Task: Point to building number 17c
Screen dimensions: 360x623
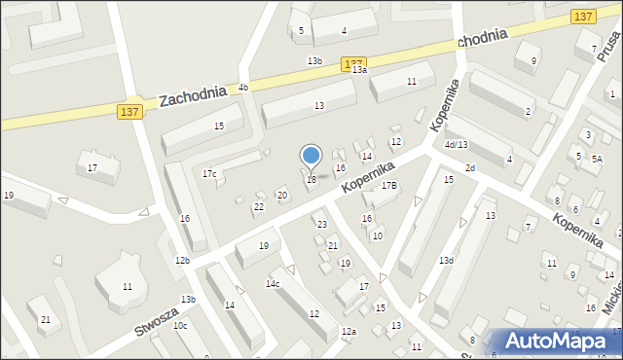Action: [x=209, y=173]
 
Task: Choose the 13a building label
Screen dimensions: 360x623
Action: [x=360, y=70]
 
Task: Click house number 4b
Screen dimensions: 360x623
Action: [x=243, y=88]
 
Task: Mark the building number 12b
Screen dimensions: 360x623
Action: [x=182, y=260]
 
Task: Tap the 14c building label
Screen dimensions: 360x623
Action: [x=273, y=283]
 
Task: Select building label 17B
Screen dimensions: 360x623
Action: [x=389, y=185]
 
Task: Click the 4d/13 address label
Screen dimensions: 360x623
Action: [x=456, y=145]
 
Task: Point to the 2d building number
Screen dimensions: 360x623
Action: [x=470, y=168]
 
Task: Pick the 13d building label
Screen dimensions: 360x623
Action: [x=446, y=260]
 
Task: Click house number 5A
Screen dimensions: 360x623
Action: [x=598, y=158]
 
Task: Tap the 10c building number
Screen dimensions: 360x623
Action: [x=180, y=325]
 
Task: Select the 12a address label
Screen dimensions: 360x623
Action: [x=348, y=332]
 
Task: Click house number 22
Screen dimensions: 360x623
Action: [x=259, y=206]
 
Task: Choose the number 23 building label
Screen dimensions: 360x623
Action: [x=322, y=225]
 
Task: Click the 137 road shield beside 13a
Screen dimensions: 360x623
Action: [x=353, y=63]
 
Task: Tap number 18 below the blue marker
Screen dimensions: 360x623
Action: [x=311, y=179]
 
